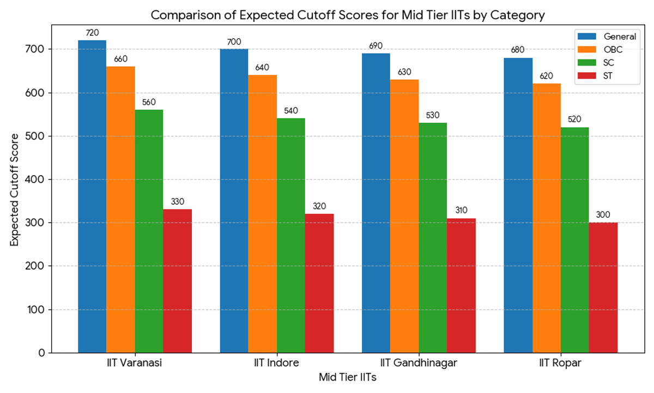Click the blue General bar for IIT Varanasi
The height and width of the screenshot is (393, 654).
pos(92,196)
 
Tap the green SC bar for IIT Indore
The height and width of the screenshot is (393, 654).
pos(291,235)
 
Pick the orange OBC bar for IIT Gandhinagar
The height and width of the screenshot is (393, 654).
pos(404,216)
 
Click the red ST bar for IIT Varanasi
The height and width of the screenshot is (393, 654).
pos(177,281)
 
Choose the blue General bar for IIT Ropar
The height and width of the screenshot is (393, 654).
pos(518,205)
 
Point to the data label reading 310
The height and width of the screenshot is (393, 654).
pos(461,211)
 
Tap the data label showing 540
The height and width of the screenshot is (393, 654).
pos(291,111)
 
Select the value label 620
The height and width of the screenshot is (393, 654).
pos(546,76)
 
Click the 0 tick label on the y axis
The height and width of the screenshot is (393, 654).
pos(42,353)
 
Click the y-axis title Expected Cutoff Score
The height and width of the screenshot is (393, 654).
pos(15,189)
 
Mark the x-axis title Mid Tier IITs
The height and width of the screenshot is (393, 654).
pos(347,377)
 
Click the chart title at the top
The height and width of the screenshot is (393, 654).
pos(347,15)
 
